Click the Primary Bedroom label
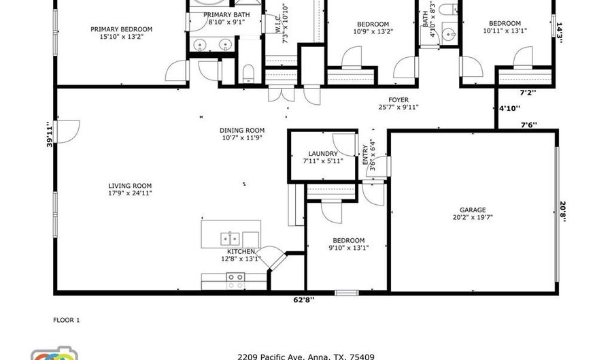[x=122, y=29]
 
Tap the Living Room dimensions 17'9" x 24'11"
[x=130, y=193]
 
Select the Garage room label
[x=473, y=210]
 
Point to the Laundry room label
[x=323, y=154]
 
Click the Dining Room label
[x=242, y=131]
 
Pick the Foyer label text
[x=398, y=100]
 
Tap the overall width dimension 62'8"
[x=304, y=300]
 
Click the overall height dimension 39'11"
[x=50, y=134]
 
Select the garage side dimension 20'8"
[x=562, y=211]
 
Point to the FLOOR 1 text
[x=67, y=320]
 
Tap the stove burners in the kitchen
[x=236, y=281]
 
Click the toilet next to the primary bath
[x=248, y=73]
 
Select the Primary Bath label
[x=226, y=15]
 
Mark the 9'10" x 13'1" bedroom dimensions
[x=349, y=248]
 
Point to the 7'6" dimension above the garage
[x=529, y=125]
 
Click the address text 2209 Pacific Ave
[x=272, y=357]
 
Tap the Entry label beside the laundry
[x=365, y=154]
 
